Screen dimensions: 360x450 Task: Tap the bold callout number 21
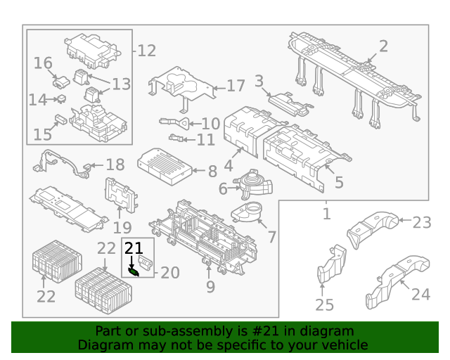tap(134, 247)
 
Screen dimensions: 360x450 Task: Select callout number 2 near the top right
tap(383, 46)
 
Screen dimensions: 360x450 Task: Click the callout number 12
tap(146, 51)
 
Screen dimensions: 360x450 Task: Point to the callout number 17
tap(236, 86)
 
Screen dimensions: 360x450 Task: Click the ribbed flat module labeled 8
tap(167, 165)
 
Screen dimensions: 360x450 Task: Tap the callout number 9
tap(210, 286)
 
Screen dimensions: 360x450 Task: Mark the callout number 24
tap(420, 293)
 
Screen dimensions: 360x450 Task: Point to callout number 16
tap(43, 63)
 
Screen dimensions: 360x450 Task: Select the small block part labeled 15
tap(60, 119)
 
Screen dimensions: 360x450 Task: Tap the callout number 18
tap(115, 165)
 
